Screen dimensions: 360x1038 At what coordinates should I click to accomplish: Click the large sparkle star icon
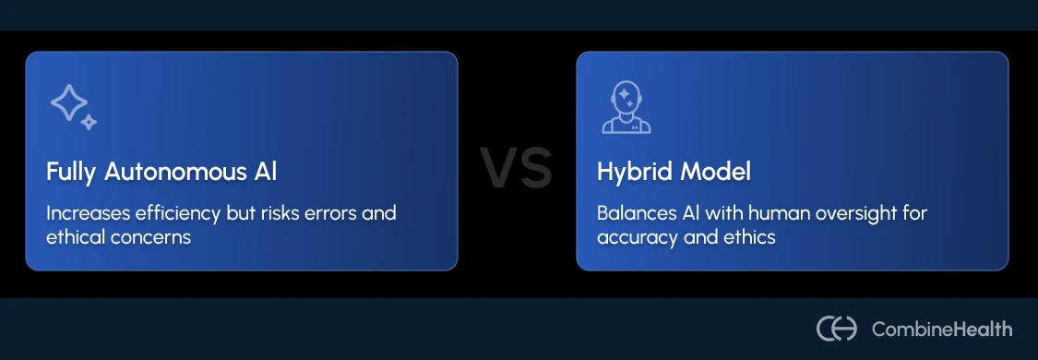click(67, 102)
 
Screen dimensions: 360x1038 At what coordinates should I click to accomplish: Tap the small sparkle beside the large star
click(89, 122)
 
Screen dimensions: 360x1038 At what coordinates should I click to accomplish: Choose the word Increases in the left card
click(87, 213)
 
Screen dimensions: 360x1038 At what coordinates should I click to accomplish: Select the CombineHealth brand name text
click(942, 329)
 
